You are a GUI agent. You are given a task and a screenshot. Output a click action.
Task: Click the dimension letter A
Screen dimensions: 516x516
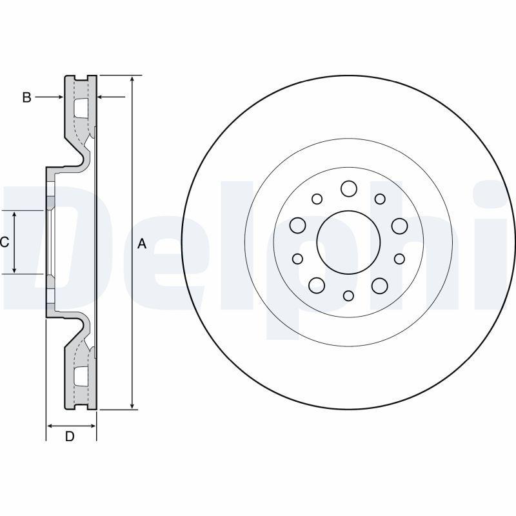coord(143,244)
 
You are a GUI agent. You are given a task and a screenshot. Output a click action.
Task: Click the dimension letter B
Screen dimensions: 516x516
coord(26,97)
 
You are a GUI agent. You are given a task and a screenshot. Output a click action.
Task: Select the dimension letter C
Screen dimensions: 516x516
coord(5,242)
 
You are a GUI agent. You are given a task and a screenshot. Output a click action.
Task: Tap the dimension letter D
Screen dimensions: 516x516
coord(70,436)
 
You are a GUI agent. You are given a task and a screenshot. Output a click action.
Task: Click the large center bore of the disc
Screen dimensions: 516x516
coord(348,241)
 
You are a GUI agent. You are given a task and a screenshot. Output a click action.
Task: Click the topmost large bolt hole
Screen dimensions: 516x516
coord(348,188)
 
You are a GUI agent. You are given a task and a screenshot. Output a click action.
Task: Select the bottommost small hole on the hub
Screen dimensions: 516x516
coord(348,295)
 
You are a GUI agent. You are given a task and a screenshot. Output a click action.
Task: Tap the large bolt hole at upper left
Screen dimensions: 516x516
coord(297,225)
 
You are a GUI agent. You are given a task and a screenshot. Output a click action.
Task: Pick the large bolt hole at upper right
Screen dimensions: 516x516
coord(399,225)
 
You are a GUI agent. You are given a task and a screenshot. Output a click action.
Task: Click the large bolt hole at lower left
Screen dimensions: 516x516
coord(317,284)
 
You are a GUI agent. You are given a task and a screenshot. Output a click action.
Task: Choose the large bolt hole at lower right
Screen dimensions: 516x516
coord(380,284)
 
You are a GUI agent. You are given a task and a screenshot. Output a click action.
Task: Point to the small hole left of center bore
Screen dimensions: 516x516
coord(297,259)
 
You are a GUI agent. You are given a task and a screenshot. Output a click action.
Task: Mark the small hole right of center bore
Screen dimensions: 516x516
coord(399,259)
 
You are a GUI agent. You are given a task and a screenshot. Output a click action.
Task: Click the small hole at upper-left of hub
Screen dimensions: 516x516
coord(317,199)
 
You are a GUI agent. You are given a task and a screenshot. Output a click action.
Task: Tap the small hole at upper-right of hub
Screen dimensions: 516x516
coord(380,199)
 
